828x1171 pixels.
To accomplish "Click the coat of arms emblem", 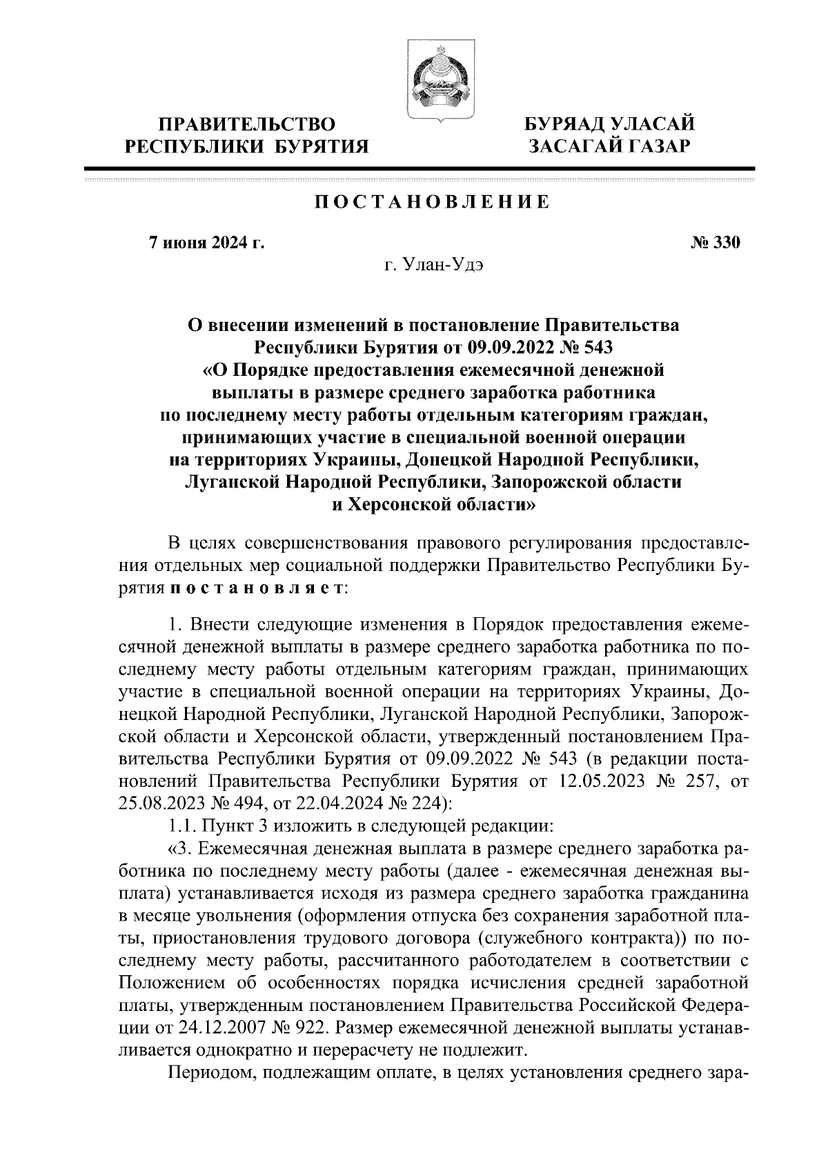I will pyautogui.click(x=435, y=83).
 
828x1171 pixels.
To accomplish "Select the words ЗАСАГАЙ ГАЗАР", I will pyautogui.click(x=609, y=146).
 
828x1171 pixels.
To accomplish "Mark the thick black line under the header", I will pyautogui.click(x=420, y=168).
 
